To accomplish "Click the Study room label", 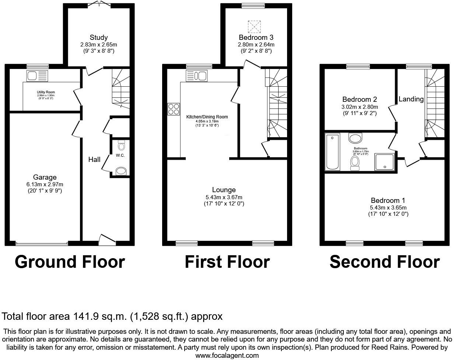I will click(x=98, y=37).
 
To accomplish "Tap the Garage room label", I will click(x=45, y=177).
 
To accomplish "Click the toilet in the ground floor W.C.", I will click(x=121, y=144).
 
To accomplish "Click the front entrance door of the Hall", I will click(x=107, y=239).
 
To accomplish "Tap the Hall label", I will click(x=94, y=159).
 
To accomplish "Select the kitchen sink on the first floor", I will click(x=197, y=76).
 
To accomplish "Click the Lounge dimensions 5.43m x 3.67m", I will click(x=224, y=197).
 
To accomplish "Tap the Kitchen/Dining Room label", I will click(x=207, y=117).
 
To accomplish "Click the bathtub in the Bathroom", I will click(x=333, y=152).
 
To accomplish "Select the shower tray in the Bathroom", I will click(x=384, y=162).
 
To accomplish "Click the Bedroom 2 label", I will click(x=359, y=99).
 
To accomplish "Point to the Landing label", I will click(x=411, y=99).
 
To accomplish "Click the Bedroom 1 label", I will click(x=388, y=200).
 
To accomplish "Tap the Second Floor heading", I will click(x=384, y=262).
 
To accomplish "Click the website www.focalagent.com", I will click(x=227, y=356).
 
